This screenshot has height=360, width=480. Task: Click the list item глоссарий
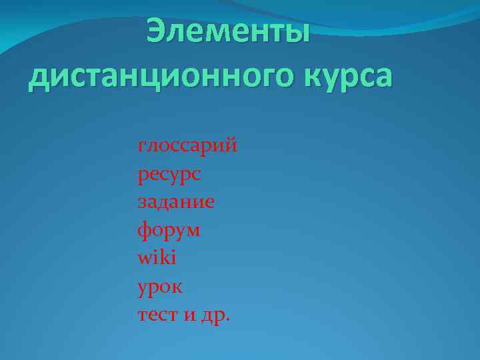[187, 145]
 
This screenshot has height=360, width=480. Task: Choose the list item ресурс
[169, 175]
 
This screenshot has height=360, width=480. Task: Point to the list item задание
[176, 202]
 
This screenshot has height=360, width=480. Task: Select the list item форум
[169, 231]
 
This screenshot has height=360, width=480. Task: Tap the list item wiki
[157, 257]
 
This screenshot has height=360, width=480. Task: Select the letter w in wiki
[145, 258]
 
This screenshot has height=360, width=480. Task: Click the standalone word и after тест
[190, 315]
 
